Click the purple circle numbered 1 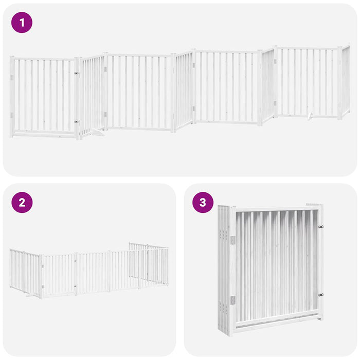[22, 23]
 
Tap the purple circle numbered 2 [22, 202]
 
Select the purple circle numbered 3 [203, 202]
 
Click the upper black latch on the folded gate [321, 226]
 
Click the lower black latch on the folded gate [321, 295]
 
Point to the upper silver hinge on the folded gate [232, 240]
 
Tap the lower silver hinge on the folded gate [232, 300]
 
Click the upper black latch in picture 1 [77, 73]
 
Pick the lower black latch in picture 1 [77, 122]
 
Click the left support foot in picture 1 [96, 134]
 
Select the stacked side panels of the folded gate [224, 270]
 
